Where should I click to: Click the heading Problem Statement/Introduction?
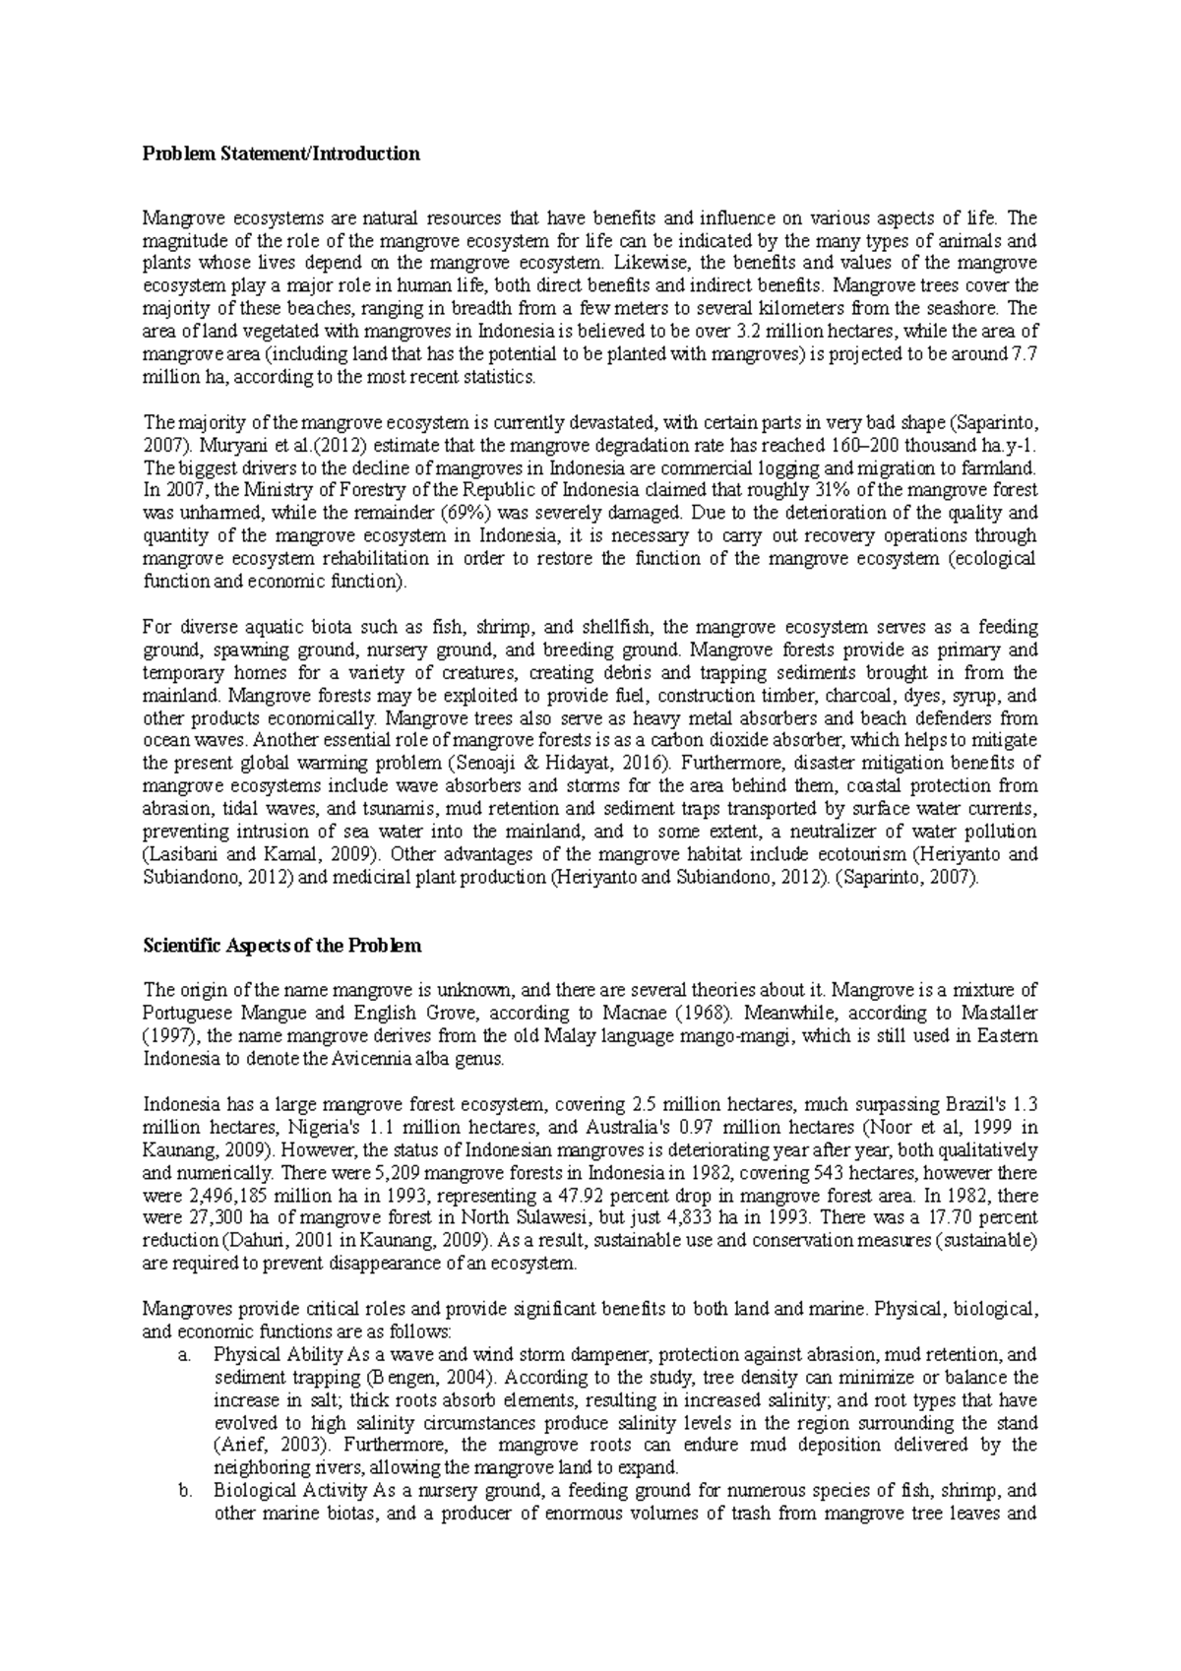click(x=281, y=154)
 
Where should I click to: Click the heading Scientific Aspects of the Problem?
click(x=281, y=946)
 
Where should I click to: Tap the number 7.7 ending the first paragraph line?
click(x=1025, y=354)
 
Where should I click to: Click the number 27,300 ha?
click(x=222, y=1218)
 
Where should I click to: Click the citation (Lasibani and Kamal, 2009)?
click(x=263, y=854)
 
